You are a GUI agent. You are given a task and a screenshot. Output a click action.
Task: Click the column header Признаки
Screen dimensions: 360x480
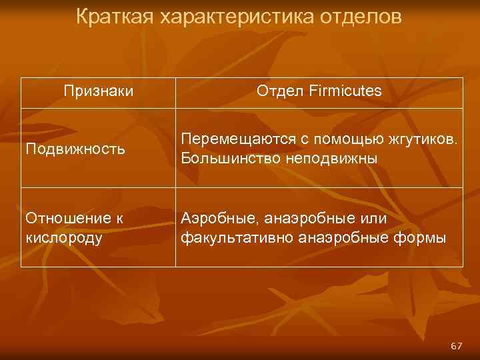click(x=99, y=91)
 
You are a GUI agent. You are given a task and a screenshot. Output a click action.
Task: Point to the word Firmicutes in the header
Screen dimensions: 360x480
click(x=346, y=91)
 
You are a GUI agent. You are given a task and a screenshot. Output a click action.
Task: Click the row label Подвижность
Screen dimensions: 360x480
click(x=75, y=149)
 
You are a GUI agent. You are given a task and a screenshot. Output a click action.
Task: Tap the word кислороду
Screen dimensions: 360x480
click(x=64, y=238)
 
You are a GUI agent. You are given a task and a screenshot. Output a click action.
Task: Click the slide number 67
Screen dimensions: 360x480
click(x=456, y=346)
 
